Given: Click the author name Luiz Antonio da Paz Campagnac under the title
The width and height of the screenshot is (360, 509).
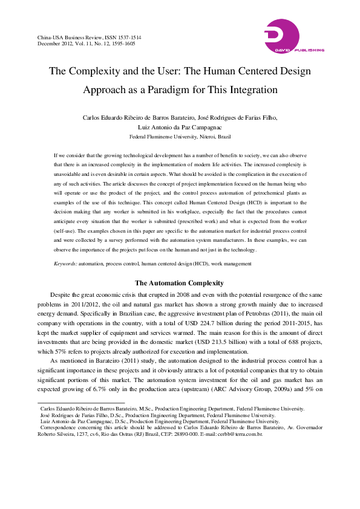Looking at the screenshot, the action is click(180, 128).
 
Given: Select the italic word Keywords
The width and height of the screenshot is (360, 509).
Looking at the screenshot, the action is click(65, 264).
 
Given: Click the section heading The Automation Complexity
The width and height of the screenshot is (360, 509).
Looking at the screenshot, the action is click(180, 283).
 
